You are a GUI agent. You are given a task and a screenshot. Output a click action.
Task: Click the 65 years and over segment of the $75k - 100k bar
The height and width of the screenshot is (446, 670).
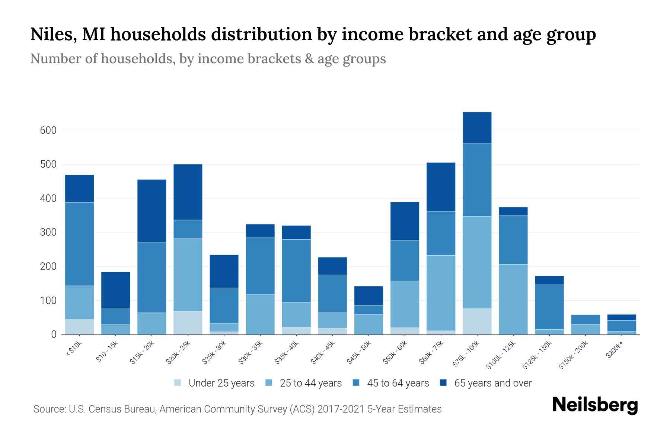pos(477,127)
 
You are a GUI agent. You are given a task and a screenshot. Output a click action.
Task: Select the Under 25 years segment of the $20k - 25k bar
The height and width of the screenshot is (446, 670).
pos(188,323)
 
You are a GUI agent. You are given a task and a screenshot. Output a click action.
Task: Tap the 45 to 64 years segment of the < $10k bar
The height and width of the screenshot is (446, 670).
pos(79,244)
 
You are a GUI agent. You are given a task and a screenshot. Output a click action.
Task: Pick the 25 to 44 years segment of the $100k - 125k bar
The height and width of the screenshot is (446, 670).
pos(513,299)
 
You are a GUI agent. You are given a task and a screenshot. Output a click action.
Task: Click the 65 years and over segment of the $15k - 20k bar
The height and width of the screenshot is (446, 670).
pos(151,211)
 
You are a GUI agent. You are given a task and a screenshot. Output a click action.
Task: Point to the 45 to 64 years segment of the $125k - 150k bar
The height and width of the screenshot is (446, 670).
pos(549,307)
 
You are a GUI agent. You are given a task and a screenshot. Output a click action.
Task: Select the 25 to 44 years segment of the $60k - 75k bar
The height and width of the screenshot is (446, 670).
pos(441,293)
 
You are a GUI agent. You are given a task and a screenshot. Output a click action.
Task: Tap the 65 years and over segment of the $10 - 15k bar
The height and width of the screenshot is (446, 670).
pos(115,290)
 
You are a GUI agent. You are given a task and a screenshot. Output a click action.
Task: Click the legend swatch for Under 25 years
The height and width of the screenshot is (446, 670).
pos(178,383)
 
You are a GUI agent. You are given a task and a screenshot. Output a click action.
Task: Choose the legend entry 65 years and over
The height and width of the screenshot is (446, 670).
pos(492,383)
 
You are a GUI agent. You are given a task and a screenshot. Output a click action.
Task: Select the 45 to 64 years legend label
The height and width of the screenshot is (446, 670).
pos(398,383)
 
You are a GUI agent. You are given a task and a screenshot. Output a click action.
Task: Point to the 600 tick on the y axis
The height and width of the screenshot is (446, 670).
pos(48,130)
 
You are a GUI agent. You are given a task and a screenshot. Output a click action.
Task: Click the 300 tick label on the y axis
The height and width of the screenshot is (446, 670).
pos(48,233)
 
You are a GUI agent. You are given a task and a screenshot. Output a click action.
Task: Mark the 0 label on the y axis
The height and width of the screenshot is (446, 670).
pos(54,334)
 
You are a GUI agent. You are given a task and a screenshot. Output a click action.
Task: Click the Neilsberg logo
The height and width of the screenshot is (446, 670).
pos(595,405)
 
